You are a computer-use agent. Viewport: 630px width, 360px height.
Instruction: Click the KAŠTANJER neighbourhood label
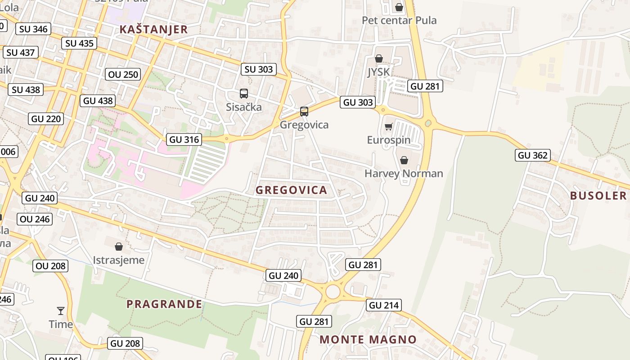153,30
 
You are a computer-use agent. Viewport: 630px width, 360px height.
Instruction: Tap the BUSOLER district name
598,195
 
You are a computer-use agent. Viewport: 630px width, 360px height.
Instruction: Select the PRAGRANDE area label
164,304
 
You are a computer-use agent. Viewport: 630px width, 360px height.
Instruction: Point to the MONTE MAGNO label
368,339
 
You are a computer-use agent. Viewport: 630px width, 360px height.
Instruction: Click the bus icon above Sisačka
244,94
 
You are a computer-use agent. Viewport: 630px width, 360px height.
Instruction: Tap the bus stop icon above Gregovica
304,111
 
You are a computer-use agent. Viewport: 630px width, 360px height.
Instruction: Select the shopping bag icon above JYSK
379,58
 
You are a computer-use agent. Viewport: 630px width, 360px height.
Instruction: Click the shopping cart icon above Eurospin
388,126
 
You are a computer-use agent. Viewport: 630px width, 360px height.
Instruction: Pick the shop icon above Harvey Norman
404,160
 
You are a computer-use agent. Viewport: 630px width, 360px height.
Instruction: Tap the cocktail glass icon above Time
61,310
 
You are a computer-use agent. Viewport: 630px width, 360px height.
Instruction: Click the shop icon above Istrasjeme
119,246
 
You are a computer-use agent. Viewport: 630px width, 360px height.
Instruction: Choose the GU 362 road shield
533,155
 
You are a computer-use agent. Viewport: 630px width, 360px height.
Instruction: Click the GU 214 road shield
384,305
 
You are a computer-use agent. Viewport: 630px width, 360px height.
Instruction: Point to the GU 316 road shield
184,139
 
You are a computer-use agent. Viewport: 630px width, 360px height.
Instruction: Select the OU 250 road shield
124,74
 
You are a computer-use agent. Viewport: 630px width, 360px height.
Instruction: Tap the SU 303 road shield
259,69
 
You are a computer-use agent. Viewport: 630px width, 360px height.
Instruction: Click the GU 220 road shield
46,119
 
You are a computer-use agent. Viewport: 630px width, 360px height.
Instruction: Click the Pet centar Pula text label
399,20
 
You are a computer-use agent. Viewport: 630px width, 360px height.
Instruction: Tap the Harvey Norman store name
404,173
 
